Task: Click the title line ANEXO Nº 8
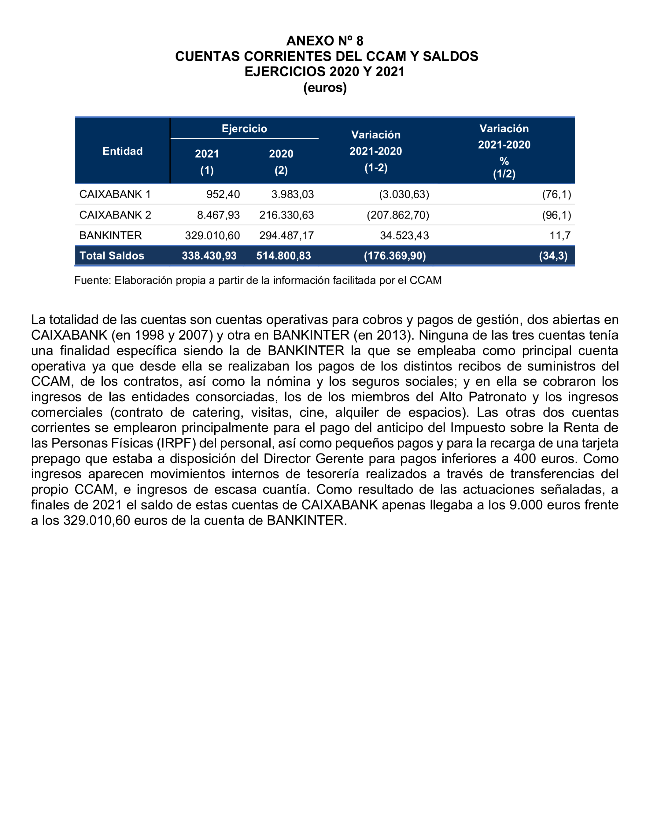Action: (x=324, y=41)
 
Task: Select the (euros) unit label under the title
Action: (x=324, y=87)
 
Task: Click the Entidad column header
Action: (x=122, y=151)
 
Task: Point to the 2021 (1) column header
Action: (x=207, y=161)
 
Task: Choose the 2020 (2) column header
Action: (x=281, y=161)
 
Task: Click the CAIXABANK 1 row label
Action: (x=115, y=194)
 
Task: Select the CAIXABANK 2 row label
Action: (x=115, y=215)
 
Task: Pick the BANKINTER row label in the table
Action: (x=110, y=235)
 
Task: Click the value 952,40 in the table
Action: (x=223, y=194)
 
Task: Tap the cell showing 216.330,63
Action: (x=286, y=215)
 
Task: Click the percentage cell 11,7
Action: (x=560, y=235)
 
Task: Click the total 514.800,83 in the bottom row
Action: (x=283, y=256)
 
